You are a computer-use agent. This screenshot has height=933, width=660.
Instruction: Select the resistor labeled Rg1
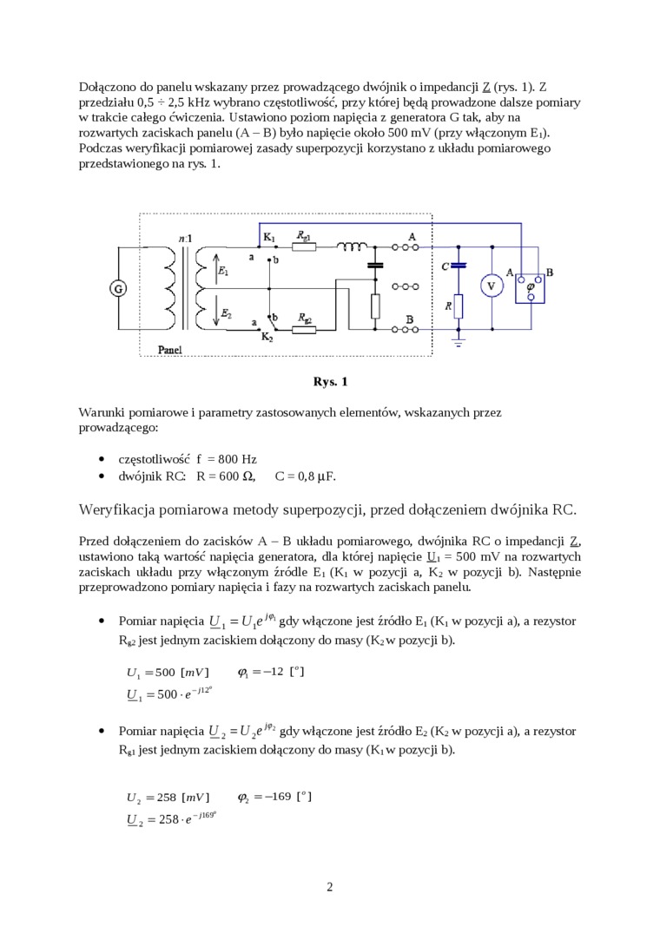pos(304,246)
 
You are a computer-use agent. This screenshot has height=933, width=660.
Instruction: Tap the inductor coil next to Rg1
pos(353,246)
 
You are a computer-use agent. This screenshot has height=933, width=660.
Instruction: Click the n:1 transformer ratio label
pos(185,237)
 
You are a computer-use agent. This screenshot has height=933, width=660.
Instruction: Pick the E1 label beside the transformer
pos(224,272)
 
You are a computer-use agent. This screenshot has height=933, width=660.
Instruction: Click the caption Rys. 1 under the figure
pos(330,381)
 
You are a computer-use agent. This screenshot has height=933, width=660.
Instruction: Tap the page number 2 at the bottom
pos(330,886)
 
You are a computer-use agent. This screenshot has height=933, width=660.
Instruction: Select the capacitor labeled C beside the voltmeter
pos(459,265)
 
